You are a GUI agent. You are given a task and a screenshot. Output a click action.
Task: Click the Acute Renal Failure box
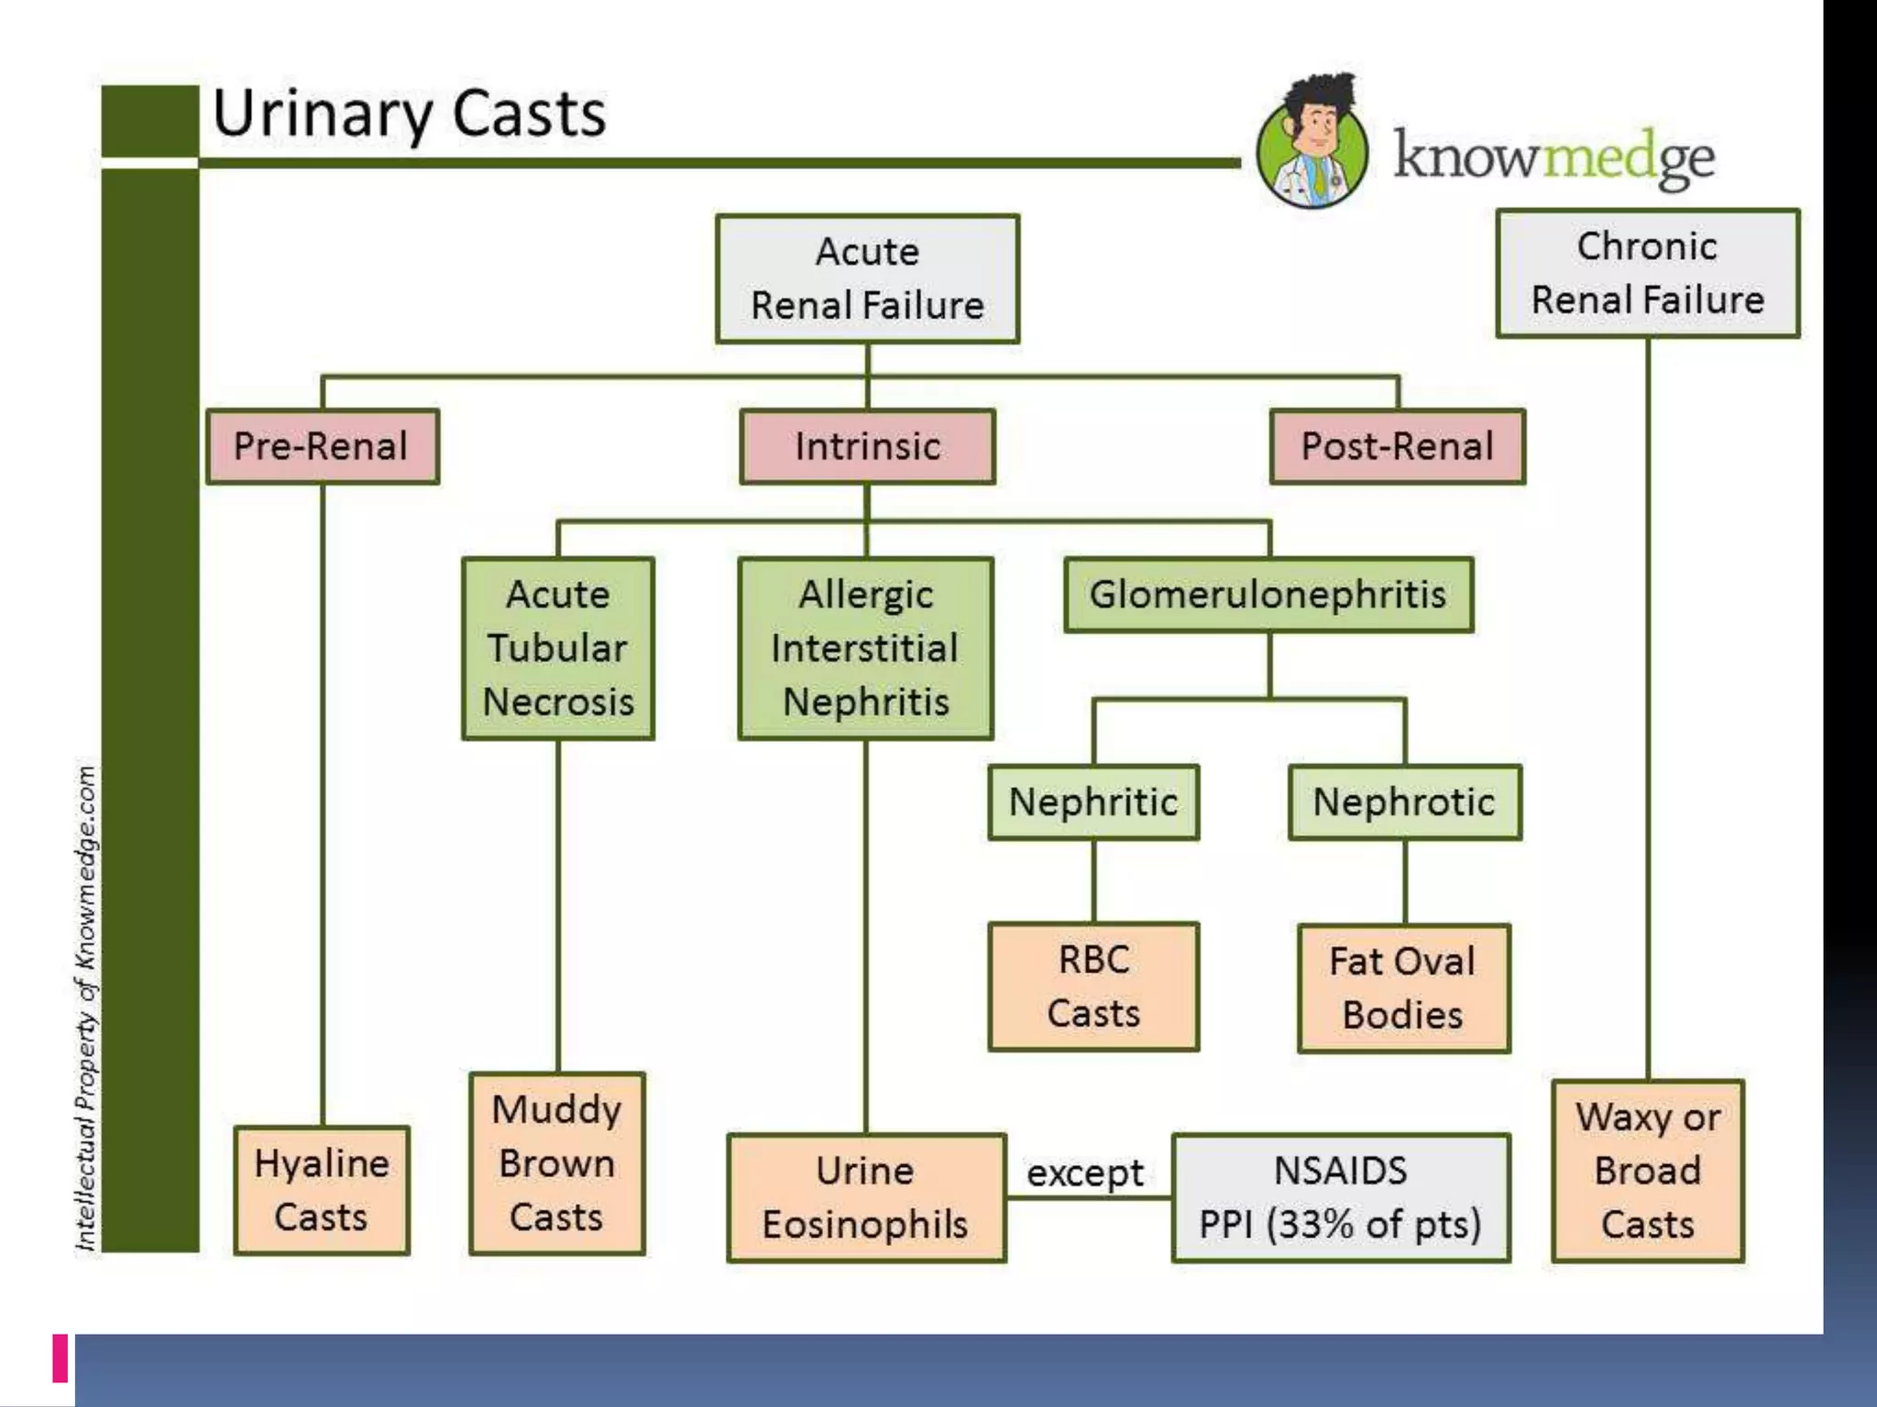(x=867, y=278)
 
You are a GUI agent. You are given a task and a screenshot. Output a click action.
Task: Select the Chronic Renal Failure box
(x=1647, y=273)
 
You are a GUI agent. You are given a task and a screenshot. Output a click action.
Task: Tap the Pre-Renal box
(x=323, y=446)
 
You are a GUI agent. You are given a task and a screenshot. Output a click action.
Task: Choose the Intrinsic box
(x=867, y=446)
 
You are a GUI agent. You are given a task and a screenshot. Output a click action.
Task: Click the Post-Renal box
(x=1397, y=446)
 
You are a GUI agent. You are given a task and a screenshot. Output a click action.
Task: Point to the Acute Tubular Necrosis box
(x=557, y=648)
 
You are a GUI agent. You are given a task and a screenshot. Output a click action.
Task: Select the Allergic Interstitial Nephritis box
(x=865, y=648)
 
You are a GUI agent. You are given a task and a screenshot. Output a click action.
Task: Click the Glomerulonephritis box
(x=1268, y=594)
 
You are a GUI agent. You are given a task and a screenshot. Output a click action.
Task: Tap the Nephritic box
(x=1093, y=802)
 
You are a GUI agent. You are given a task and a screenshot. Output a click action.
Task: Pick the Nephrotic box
(x=1404, y=802)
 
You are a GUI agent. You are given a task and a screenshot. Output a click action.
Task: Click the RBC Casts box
(x=1093, y=987)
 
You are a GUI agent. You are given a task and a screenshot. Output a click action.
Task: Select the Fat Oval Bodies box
(x=1403, y=988)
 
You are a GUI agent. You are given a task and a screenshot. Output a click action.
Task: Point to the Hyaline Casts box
(x=322, y=1190)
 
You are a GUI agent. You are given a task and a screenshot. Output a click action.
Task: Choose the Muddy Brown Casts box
(x=556, y=1163)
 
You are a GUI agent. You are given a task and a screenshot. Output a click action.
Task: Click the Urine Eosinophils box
(x=865, y=1197)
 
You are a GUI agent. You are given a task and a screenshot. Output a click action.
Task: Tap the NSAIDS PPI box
(x=1340, y=1197)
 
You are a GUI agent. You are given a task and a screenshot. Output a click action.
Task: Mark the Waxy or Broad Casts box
(x=1647, y=1171)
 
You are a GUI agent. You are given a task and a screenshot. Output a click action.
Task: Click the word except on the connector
(x=1085, y=1172)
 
